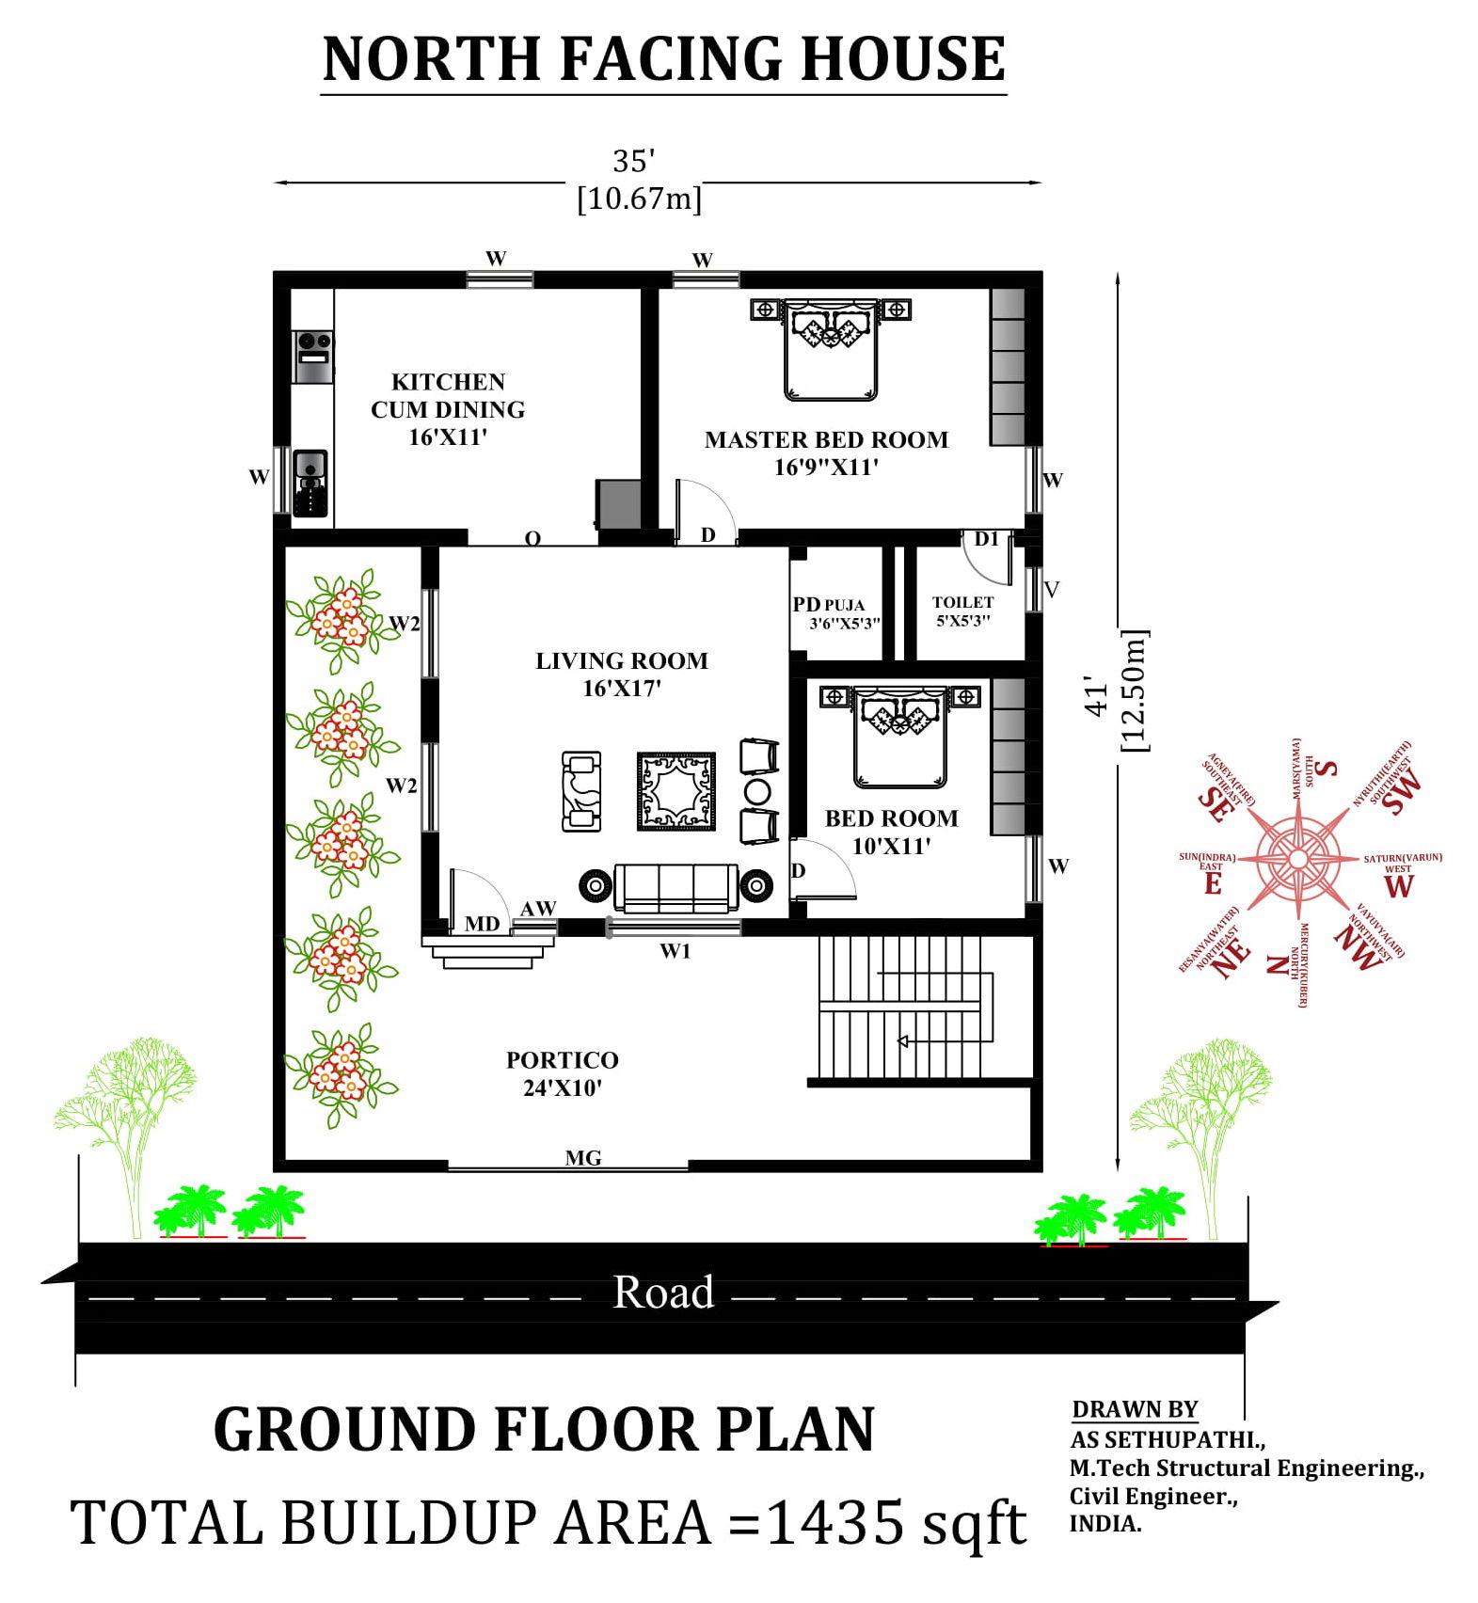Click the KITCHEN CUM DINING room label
click(x=448, y=408)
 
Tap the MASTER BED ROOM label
click(x=826, y=452)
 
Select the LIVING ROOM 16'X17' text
click(x=621, y=674)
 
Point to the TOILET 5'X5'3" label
click(x=962, y=611)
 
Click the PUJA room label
click(x=844, y=605)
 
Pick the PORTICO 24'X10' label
click(x=563, y=1073)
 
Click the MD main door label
click(x=482, y=924)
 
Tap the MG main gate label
click(x=582, y=1158)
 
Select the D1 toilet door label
click(x=986, y=539)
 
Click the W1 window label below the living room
click(x=675, y=951)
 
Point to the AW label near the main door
click(x=538, y=908)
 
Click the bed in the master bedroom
click(x=831, y=349)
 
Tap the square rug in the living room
click(x=675, y=791)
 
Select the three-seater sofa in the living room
click(x=675, y=888)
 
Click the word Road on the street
click(x=663, y=1292)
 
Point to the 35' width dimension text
click(x=633, y=162)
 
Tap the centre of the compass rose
click(x=1297, y=859)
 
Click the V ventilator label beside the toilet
click(x=1052, y=590)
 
